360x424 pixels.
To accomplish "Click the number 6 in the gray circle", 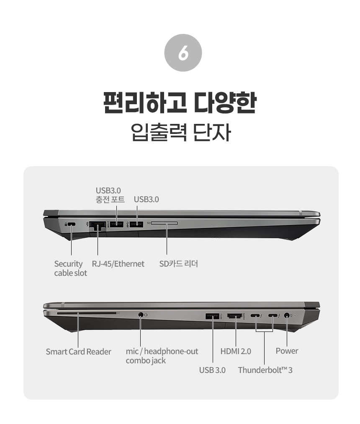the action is [x=183, y=53].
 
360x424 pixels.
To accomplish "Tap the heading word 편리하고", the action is [x=145, y=103].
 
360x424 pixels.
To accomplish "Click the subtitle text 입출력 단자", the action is [x=181, y=132].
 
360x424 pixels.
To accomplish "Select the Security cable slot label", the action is [x=71, y=268].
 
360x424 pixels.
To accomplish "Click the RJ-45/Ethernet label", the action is [x=118, y=264].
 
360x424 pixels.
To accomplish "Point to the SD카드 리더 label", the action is [x=178, y=264].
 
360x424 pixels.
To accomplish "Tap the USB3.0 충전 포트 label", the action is [x=110, y=195].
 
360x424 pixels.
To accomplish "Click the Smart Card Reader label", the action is [x=78, y=352].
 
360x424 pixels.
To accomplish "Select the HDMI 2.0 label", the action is [x=236, y=351].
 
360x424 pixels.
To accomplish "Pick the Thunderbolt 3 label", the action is [x=265, y=370].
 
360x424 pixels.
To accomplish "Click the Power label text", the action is [x=287, y=351].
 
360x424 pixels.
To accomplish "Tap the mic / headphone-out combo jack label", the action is [x=162, y=356].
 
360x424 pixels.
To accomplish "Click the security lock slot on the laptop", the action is [x=72, y=224].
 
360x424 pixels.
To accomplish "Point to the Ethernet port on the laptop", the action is [x=98, y=225].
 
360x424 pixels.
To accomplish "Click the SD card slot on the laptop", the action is [x=165, y=223].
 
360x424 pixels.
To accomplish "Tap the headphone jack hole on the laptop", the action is [x=140, y=315].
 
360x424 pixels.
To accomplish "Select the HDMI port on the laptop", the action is [x=235, y=316].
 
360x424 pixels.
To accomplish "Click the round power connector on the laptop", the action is [x=287, y=315].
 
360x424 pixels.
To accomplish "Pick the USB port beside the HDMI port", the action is [x=212, y=316].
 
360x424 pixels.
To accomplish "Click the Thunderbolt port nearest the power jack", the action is [x=273, y=316].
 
